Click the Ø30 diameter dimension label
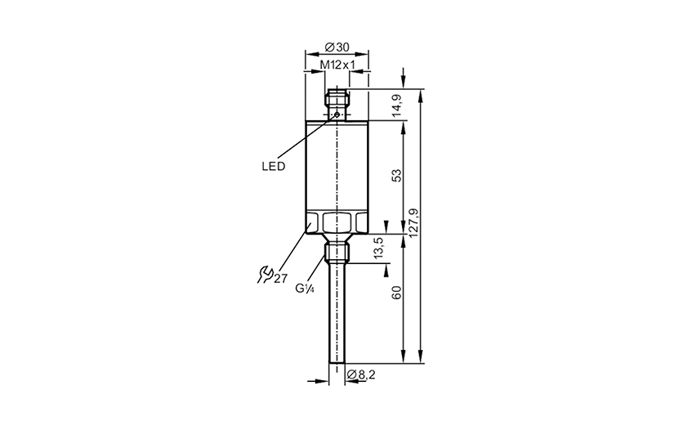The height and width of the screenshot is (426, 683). pos(337,47)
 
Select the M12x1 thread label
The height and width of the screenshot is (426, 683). pos(337,65)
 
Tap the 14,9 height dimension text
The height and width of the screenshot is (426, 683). pos(397,105)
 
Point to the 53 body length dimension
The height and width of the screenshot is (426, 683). pos(397,175)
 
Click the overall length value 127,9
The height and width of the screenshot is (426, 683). pos(414,222)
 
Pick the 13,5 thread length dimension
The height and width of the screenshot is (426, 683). pos(378,248)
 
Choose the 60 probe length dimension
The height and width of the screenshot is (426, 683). pos(397,293)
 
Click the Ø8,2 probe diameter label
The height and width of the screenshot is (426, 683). pos(361,374)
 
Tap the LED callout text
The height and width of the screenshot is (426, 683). pos(273,166)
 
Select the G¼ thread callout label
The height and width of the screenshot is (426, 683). pos(305,288)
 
